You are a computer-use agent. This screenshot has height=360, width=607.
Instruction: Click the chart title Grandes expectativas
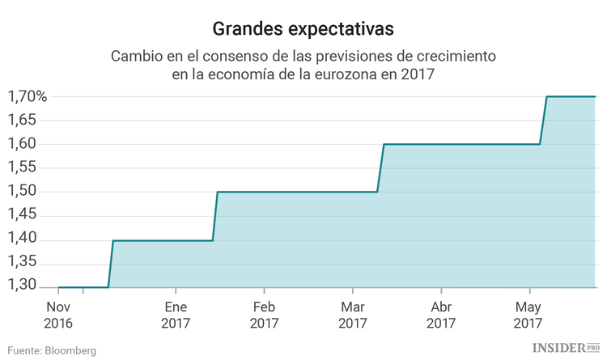[303, 29]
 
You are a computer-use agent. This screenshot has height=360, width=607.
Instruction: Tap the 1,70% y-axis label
[28, 97]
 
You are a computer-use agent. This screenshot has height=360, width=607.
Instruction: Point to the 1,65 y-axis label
[23, 121]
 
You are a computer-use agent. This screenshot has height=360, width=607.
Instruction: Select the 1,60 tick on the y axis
[23, 144]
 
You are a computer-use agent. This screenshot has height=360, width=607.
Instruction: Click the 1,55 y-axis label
[23, 168]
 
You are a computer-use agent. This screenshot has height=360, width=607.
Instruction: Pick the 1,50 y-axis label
[23, 192]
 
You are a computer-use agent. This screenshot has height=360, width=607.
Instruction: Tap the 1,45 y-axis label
[23, 216]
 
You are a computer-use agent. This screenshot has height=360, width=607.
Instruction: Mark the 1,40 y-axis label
[23, 239]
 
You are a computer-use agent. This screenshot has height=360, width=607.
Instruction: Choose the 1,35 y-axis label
[23, 264]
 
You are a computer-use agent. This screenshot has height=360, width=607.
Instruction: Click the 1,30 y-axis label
[23, 286]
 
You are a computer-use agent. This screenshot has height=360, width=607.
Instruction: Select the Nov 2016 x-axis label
[58, 315]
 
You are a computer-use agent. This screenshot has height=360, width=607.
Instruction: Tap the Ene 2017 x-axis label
[176, 315]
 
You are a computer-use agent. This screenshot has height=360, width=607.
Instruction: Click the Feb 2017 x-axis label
[264, 315]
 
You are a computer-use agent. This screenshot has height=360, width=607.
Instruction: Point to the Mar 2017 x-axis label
[353, 315]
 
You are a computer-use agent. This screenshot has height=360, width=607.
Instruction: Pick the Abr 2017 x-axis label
[441, 315]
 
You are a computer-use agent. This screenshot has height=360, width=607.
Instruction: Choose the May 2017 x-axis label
[528, 315]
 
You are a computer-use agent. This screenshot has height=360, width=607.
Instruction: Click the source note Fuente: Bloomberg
[53, 350]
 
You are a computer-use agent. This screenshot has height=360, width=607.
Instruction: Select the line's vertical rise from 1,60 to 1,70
[543, 121]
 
